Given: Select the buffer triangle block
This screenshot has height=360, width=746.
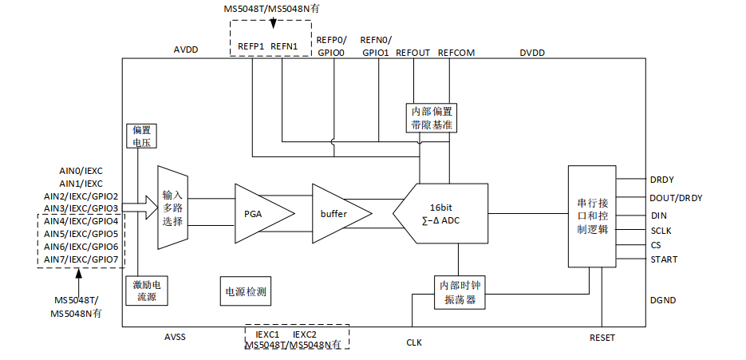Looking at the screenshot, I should pyautogui.click(x=336, y=214).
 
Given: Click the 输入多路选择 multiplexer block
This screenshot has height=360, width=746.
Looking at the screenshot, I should pyautogui.click(x=172, y=207).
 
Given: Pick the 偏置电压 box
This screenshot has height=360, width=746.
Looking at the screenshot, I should pyautogui.click(x=142, y=136).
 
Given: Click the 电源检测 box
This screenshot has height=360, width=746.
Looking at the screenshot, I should pyautogui.click(x=246, y=291).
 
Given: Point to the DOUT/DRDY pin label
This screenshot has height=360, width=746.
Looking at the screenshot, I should pyautogui.click(x=676, y=198).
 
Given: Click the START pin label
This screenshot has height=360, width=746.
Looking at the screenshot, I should pyautogui.click(x=665, y=259).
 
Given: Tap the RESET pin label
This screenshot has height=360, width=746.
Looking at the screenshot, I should pyautogui.click(x=602, y=338).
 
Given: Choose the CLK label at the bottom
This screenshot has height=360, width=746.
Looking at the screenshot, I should pyautogui.click(x=414, y=342).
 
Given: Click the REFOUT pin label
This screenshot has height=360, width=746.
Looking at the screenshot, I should pyautogui.click(x=412, y=53).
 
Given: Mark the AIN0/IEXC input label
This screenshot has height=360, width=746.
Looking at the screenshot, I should pyautogui.click(x=81, y=171).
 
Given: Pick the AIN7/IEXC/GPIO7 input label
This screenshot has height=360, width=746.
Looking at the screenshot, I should pyautogui.click(x=81, y=259).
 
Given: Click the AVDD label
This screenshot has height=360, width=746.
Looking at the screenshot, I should pyautogui.click(x=186, y=49).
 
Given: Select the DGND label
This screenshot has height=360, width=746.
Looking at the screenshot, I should pyautogui.click(x=664, y=300).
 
